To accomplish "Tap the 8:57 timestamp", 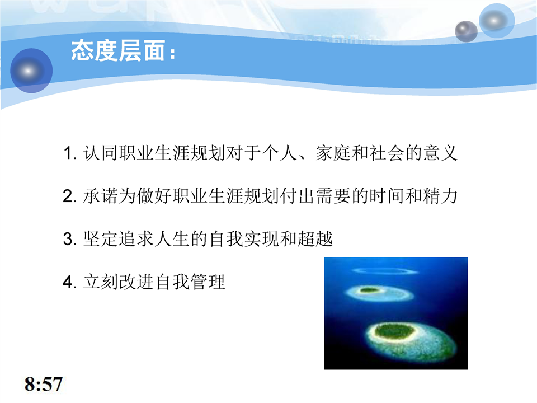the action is [44, 384].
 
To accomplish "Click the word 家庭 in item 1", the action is [333, 153].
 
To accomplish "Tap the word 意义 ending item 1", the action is [440, 153].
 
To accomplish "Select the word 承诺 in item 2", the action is [101, 196].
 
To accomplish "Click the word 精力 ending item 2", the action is [440, 196].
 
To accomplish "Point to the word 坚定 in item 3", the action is [101, 239].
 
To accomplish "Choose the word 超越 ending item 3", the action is [315, 239].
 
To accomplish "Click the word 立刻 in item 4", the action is [101, 282].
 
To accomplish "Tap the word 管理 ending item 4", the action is [208, 282].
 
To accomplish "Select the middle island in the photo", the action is [379, 293].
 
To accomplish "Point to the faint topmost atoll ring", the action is [385, 271].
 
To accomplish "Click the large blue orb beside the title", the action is [31, 71].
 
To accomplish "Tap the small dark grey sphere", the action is [466, 31].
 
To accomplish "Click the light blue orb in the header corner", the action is [497, 21].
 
